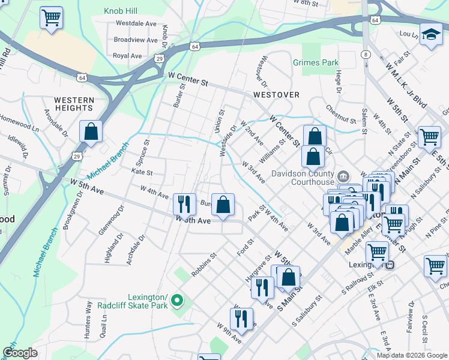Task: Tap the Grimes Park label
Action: [x=316, y=62]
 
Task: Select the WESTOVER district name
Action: [x=276, y=95]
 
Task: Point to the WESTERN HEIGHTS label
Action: [x=74, y=104]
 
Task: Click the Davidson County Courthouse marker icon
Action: [x=343, y=176]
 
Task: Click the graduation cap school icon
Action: [x=430, y=34]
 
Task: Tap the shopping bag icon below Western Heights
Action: [x=91, y=132]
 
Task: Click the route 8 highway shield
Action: [x=365, y=55]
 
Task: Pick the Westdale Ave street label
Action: [x=136, y=23]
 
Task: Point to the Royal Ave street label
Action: [x=127, y=56]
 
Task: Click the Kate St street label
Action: [x=142, y=172]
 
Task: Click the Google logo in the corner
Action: [x=20, y=353]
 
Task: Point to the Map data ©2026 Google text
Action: [x=412, y=355]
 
